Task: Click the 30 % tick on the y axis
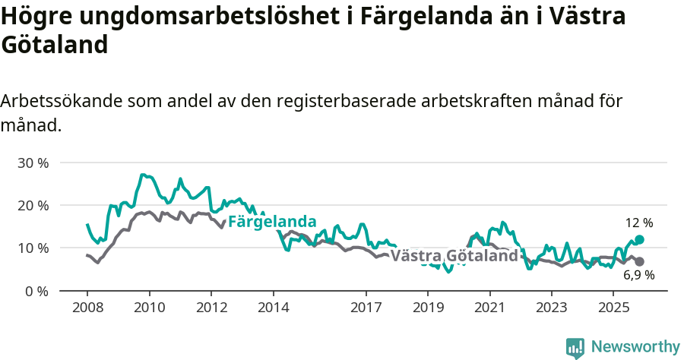click(x=33, y=163)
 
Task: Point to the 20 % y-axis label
click(x=33, y=205)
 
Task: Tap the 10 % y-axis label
click(x=33, y=248)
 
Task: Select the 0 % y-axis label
click(x=36, y=291)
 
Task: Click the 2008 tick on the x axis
click(x=87, y=308)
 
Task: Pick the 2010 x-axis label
click(x=149, y=308)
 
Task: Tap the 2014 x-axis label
click(x=273, y=308)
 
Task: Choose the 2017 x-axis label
click(x=366, y=308)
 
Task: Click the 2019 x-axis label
click(x=427, y=308)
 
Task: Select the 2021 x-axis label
click(x=489, y=308)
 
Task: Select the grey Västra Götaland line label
click(x=454, y=256)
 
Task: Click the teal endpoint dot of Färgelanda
click(x=639, y=239)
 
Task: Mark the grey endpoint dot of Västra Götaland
click(x=639, y=261)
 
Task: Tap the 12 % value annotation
click(x=639, y=223)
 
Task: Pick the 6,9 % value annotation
click(x=639, y=276)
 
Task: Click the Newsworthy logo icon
click(x=575, y=348)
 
